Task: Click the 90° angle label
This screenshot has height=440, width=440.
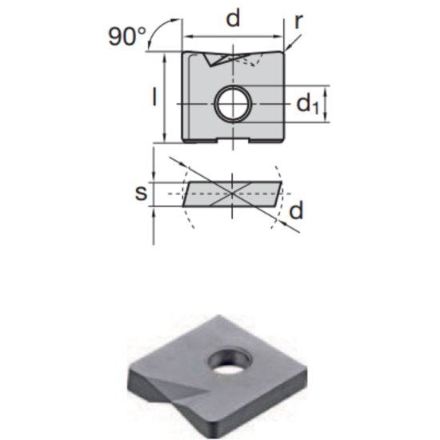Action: [126, 37]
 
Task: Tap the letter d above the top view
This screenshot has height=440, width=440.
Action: [232, 18]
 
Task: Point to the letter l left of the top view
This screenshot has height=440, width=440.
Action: [154, 96]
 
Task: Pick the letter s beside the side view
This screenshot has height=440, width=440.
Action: [139, 193]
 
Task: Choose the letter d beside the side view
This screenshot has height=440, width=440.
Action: [296, 210]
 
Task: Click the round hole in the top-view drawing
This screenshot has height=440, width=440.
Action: [232, 103]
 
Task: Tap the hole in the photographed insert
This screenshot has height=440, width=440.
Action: [228, 360]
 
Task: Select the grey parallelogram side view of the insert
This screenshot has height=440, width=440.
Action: [232, 194]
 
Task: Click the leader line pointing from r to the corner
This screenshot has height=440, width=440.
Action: [290, 36]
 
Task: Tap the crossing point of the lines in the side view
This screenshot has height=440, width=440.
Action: [232, 193]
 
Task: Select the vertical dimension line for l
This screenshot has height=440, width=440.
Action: [166, 98]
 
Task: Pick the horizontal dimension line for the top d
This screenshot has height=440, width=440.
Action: [233, 36]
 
